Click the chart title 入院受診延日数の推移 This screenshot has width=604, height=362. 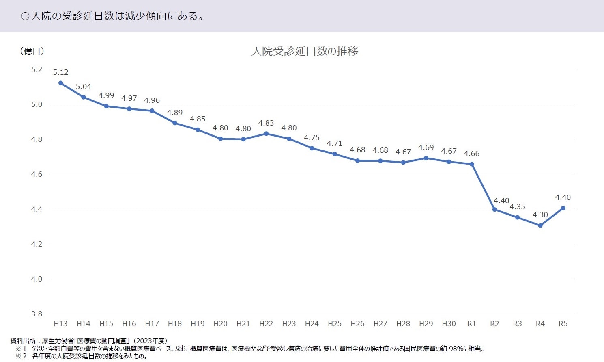pos(305,51)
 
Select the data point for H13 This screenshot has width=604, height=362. pos(61,83)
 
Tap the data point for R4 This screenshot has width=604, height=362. pos(540,225)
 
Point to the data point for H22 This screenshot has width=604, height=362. pos(266,134)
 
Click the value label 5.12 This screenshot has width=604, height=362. pos(60,72)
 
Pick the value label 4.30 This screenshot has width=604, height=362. pos(540,215)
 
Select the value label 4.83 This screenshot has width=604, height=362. pos(266,123)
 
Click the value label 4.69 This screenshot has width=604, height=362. pos(426,147)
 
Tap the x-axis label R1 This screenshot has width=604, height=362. pos(471,324)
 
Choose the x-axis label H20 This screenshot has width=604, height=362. pos(220,324)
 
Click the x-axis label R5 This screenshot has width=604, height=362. pos(563,324)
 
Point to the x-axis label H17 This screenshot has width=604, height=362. pos(152,324)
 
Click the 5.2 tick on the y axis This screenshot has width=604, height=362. pos(37,69)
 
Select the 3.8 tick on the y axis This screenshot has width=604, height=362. pos(37,314)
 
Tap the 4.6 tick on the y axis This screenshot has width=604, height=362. pos(37,174)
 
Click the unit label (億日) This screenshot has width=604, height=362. pos(32,51)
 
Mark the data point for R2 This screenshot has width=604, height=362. pos(494,210)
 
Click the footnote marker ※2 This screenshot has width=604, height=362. pos(21,356)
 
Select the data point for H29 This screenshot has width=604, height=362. pos(426,158)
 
